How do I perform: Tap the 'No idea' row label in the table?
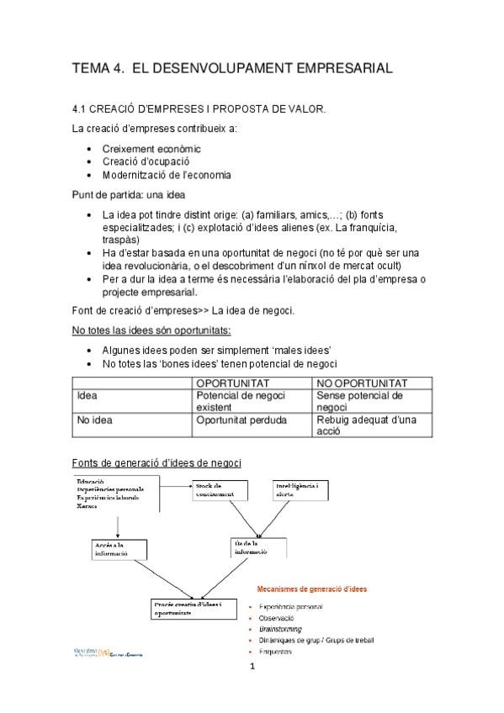94,420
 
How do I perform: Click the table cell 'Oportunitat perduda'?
241,420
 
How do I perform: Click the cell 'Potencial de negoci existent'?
241,400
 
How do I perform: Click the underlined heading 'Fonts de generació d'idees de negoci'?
157,462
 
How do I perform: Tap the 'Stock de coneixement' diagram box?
220,490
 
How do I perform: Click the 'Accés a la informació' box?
114,548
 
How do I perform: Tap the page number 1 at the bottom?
252,668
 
